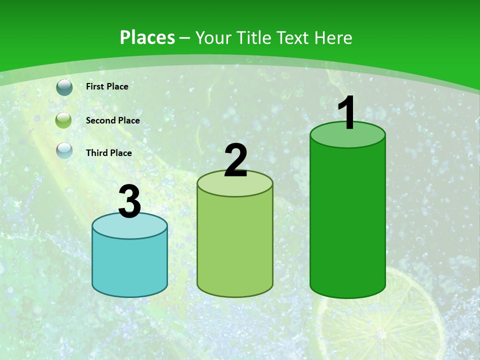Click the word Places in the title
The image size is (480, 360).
(x=147, y=37)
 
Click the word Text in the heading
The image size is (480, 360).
(x=292, y=37)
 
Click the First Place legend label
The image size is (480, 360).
(x=107, y=86)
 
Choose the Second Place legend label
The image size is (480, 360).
(x=112, y=120)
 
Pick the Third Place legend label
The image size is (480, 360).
(x=108, y=153)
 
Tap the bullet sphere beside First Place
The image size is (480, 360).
(x=64, y=87)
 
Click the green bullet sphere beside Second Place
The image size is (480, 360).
(x=64, y=120)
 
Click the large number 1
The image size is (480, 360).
(x=347, y=113)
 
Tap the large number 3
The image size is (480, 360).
(x=130, y=201)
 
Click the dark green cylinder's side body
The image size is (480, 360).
(x=347, y=220)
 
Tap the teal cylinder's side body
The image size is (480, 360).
(x=130, y=265)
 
